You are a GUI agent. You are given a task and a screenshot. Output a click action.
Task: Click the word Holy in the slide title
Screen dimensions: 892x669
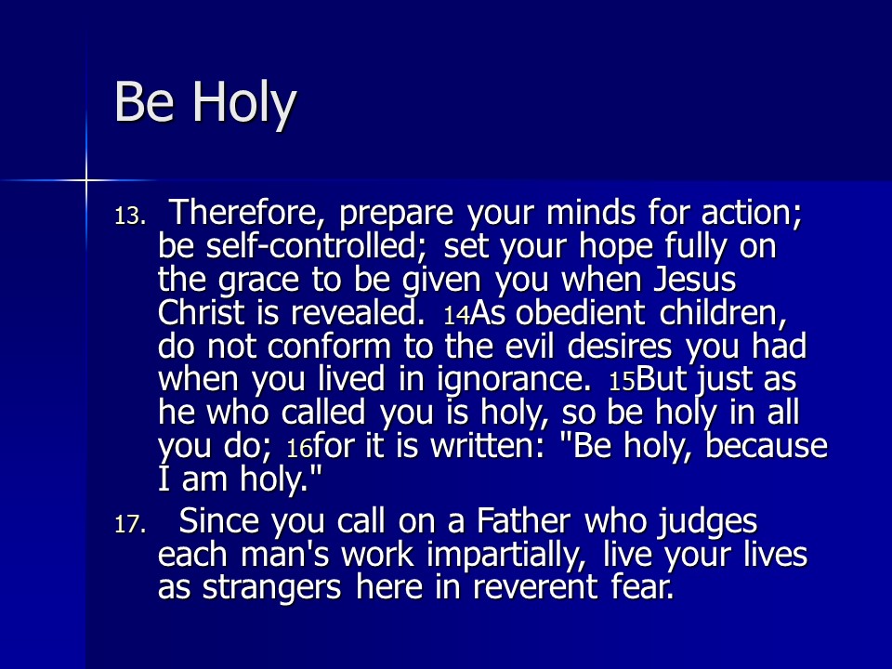pyautogui.click(x=245, y=102)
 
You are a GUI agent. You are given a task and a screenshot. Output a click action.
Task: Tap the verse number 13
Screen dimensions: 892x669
pyautogui.click(x=130, y=216)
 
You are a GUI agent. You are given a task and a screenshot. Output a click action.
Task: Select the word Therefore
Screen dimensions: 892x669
pyautogui.click(x=244, y=213)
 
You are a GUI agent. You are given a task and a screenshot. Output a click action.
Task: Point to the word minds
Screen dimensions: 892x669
pyautogui.click(x=591, y=213)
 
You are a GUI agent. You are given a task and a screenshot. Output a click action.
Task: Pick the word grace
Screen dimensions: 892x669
pyautogui.click(x=259, y=281)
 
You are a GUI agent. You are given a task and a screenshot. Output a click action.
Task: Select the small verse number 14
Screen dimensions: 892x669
pyautogui.click(x=457, y=316)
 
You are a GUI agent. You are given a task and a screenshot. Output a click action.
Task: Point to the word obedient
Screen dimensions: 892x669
pyautogui.click(x=580, y=312)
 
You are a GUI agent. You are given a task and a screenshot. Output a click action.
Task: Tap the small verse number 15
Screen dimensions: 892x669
pyautogui.click(x=622, y=382)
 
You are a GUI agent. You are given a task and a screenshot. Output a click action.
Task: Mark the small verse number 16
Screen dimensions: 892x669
pyautogui.click(x=299, y=449)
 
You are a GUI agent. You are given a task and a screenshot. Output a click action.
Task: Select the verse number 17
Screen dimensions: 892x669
pyautogui.click(x=130, y=524)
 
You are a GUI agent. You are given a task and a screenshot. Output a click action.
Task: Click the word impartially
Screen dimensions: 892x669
pyautogui.click(x=506, y=556)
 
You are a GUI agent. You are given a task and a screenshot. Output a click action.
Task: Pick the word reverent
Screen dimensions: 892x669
pyautogui.click(x=535, y=587)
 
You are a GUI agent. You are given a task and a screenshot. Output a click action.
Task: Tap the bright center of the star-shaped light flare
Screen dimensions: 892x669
pyautogui.click(x=85, y=181)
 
